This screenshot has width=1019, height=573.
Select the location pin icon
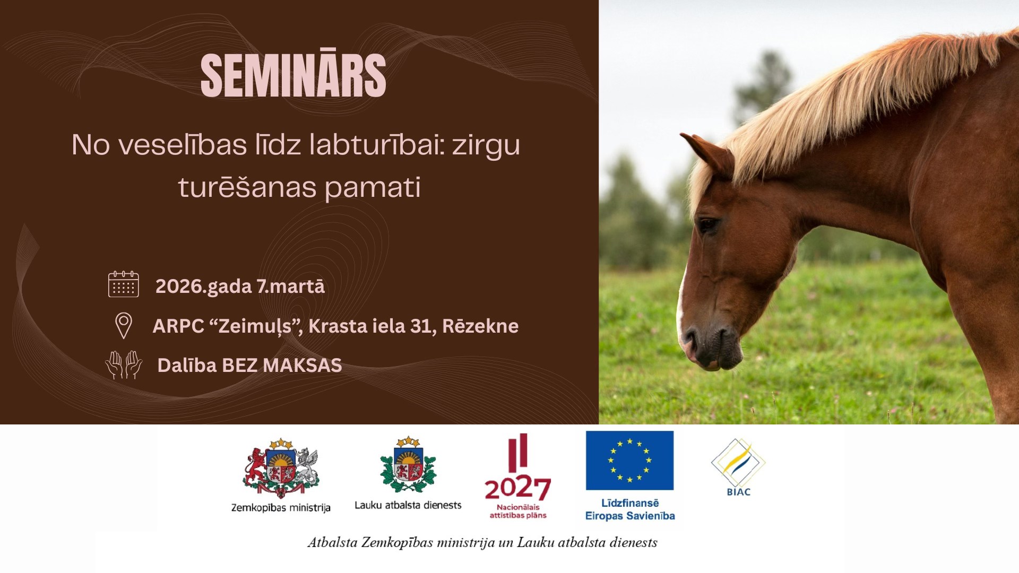coord(124,325)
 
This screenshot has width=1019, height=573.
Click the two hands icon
coord(124,364)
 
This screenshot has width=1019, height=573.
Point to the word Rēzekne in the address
coord(480,325)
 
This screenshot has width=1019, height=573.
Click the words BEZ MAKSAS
coord(282,365)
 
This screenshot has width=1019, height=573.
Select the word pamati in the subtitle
coord(373,187)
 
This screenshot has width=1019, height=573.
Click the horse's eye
coord(707,226)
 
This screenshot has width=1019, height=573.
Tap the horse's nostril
coord(690,337)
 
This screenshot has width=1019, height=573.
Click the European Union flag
coord(629,460)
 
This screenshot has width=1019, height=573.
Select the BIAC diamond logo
coord(738,463)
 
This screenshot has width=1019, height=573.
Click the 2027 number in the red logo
coord(517,488)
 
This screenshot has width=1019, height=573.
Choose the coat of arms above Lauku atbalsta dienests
coord(408,465)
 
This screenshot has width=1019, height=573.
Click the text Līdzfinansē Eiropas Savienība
coord(630,509)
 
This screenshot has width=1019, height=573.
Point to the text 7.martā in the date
coord(290,286)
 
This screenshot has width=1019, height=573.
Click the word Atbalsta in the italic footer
coord(332,542)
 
